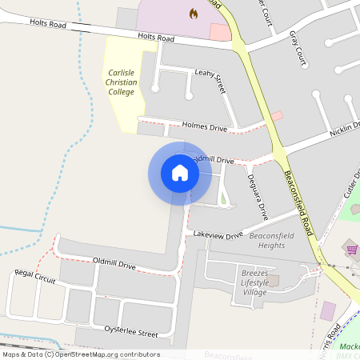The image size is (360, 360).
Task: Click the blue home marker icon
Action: pos(180,173)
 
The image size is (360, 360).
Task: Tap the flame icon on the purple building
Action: pos(193,13)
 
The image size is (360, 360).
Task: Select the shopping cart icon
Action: pos(352,250)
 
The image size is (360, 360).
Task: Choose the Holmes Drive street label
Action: pos(205,127)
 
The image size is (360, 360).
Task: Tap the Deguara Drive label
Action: pos(257,197)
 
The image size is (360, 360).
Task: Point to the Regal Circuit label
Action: pos(35,277)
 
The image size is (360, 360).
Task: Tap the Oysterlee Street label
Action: pos(131,332)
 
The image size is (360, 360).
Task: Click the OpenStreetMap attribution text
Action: pos(80,354)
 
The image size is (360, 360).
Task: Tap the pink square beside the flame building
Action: pos(219,32)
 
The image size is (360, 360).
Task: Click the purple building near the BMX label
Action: pos(328,310)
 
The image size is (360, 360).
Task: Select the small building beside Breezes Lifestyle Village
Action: pos(274,281)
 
